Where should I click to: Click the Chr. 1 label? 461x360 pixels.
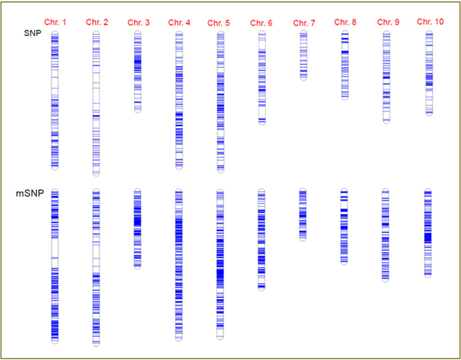point(55,23)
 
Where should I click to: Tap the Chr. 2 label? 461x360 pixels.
point(96,23)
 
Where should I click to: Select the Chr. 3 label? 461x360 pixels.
point(138,23)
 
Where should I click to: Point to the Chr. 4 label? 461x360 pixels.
point(179,23)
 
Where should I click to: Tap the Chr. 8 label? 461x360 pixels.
point(345,23)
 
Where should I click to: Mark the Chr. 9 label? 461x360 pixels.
point(387,23)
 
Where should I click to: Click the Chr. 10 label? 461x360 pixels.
point(430,22)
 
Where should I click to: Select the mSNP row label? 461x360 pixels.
point(28,193)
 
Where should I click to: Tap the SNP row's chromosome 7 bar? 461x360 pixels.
point(304,55)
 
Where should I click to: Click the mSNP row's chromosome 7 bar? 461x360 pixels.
point(303,215)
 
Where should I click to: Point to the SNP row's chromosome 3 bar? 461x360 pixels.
point(138,72)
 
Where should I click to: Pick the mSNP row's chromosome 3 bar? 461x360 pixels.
point(138,228)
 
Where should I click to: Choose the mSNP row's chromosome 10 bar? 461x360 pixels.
point(428,232)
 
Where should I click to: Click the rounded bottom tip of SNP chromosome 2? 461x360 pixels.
point(96,174)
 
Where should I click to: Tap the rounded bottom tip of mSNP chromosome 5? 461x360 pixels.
point(220,337)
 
